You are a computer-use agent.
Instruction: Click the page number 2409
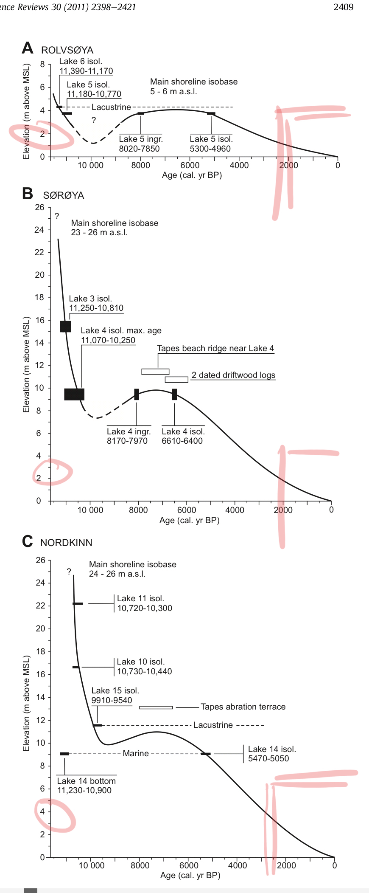pos(343,7)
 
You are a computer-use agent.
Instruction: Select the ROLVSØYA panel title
pos(67,50)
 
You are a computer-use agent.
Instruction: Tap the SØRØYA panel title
pos(64,195)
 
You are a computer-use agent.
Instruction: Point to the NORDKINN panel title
pos(66,543)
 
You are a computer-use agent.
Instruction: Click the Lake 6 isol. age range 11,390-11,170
pos(86,71)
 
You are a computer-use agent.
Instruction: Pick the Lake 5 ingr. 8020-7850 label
pos(140,144)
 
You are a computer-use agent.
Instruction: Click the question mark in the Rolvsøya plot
pos(94,121)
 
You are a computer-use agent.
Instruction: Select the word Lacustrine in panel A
pos(111,107)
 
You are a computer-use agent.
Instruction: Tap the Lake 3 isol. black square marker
pos(65,326)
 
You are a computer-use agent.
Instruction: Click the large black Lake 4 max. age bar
pos(74,394)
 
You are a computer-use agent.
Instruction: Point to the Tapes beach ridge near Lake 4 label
pos(215,348)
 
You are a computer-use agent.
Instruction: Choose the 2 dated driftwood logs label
pos(233,375)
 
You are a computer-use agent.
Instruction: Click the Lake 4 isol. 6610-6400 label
pos(182,436)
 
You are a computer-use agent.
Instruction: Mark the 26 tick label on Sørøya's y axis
pos(39,207)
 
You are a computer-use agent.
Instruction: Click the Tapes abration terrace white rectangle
pos(156,707)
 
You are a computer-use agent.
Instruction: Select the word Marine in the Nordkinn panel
pos(136,753)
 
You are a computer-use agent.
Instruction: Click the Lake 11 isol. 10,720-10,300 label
pos(144,603)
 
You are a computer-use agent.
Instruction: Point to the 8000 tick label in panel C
pos(140,865)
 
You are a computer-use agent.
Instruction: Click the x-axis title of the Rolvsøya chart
pos(192,175)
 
